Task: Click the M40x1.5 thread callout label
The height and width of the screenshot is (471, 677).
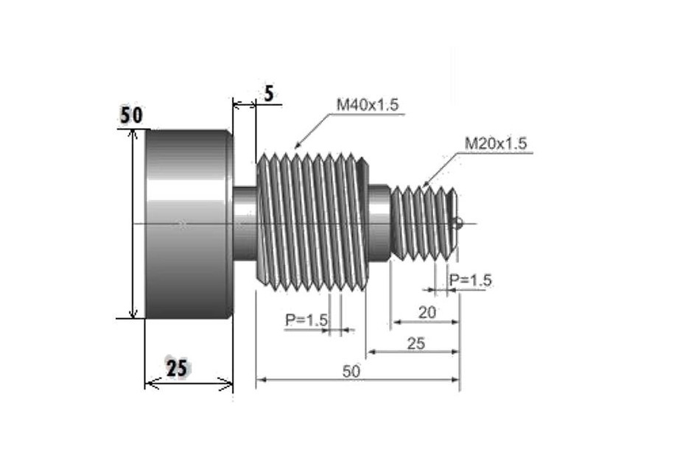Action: (367, 105)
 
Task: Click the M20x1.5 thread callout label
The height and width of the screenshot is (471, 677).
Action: (496, 144)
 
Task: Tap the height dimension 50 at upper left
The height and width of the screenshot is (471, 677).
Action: (132, 116)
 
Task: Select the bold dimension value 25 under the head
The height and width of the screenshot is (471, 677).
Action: (176, 368)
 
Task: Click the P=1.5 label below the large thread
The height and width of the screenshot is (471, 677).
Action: (306, 320)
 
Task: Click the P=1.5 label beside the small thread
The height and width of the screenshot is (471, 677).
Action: (470, 280)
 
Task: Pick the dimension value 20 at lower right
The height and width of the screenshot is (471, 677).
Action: (427, 312)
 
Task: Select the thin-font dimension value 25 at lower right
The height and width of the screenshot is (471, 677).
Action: (415, 343)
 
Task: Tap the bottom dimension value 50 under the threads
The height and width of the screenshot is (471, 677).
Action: (351, 372)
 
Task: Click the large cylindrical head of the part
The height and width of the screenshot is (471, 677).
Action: (188, 224)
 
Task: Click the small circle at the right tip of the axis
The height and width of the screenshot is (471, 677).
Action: (459, 224)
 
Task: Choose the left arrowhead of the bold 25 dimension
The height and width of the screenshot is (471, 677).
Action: (149, 383)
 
